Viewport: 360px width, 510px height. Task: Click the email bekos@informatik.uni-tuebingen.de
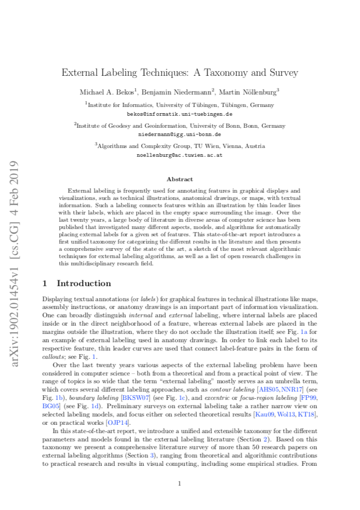(180, 113)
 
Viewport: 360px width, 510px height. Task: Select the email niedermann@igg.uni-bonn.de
(180, 133)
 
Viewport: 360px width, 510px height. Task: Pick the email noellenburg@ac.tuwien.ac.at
(180, 154)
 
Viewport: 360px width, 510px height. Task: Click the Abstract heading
(180, 179)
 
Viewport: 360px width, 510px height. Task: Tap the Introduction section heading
(84, 283)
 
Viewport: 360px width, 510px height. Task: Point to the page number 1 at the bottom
(179, 484)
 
